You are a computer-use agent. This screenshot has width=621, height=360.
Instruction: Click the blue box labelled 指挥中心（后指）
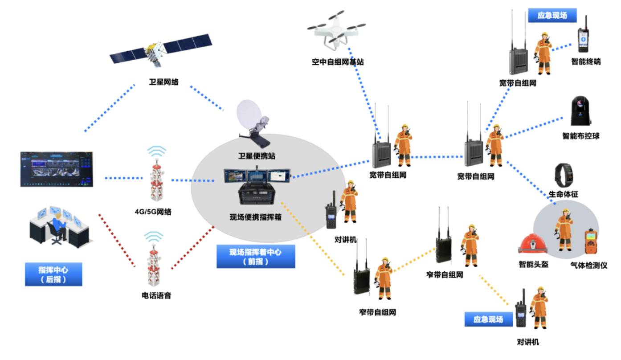53,274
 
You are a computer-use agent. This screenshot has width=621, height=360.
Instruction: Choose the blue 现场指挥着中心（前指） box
256,257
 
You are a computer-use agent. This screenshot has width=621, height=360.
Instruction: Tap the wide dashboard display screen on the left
57,169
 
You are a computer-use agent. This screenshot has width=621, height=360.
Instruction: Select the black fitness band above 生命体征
564,176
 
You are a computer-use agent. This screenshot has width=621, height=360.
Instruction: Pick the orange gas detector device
591,244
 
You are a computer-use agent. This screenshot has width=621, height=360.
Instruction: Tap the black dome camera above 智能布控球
580,111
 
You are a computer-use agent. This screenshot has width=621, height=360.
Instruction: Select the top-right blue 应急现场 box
552,16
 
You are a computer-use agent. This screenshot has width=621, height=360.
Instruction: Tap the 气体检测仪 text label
589,266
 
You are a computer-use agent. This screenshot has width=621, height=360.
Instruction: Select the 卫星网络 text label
163,82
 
